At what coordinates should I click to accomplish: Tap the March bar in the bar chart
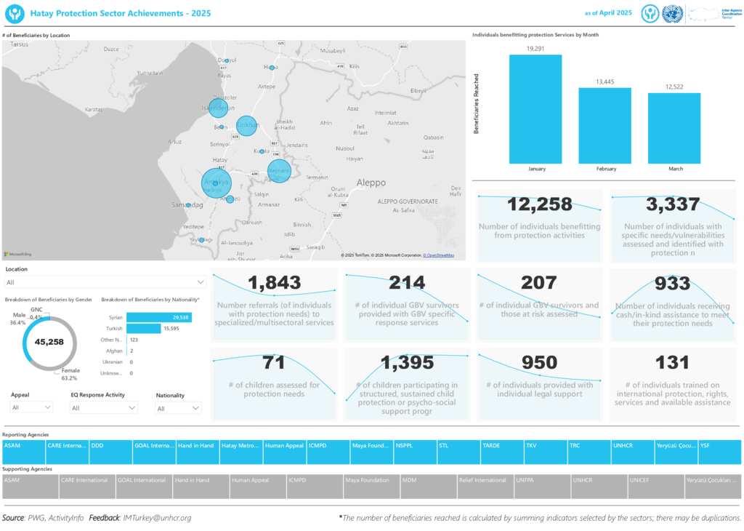point(674,128)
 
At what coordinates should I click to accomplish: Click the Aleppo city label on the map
point(371,183)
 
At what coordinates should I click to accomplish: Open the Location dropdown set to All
point(105,282)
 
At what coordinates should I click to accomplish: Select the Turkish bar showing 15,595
point(143,329)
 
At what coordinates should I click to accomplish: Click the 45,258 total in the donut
point(49,342)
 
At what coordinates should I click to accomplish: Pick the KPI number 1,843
point(274,282)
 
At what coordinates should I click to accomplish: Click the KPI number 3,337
point(672,204)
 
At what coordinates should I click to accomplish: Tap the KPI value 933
point(672,283)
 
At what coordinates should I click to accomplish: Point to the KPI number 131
point(672,362)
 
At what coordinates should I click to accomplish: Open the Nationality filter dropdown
point(177,408)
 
